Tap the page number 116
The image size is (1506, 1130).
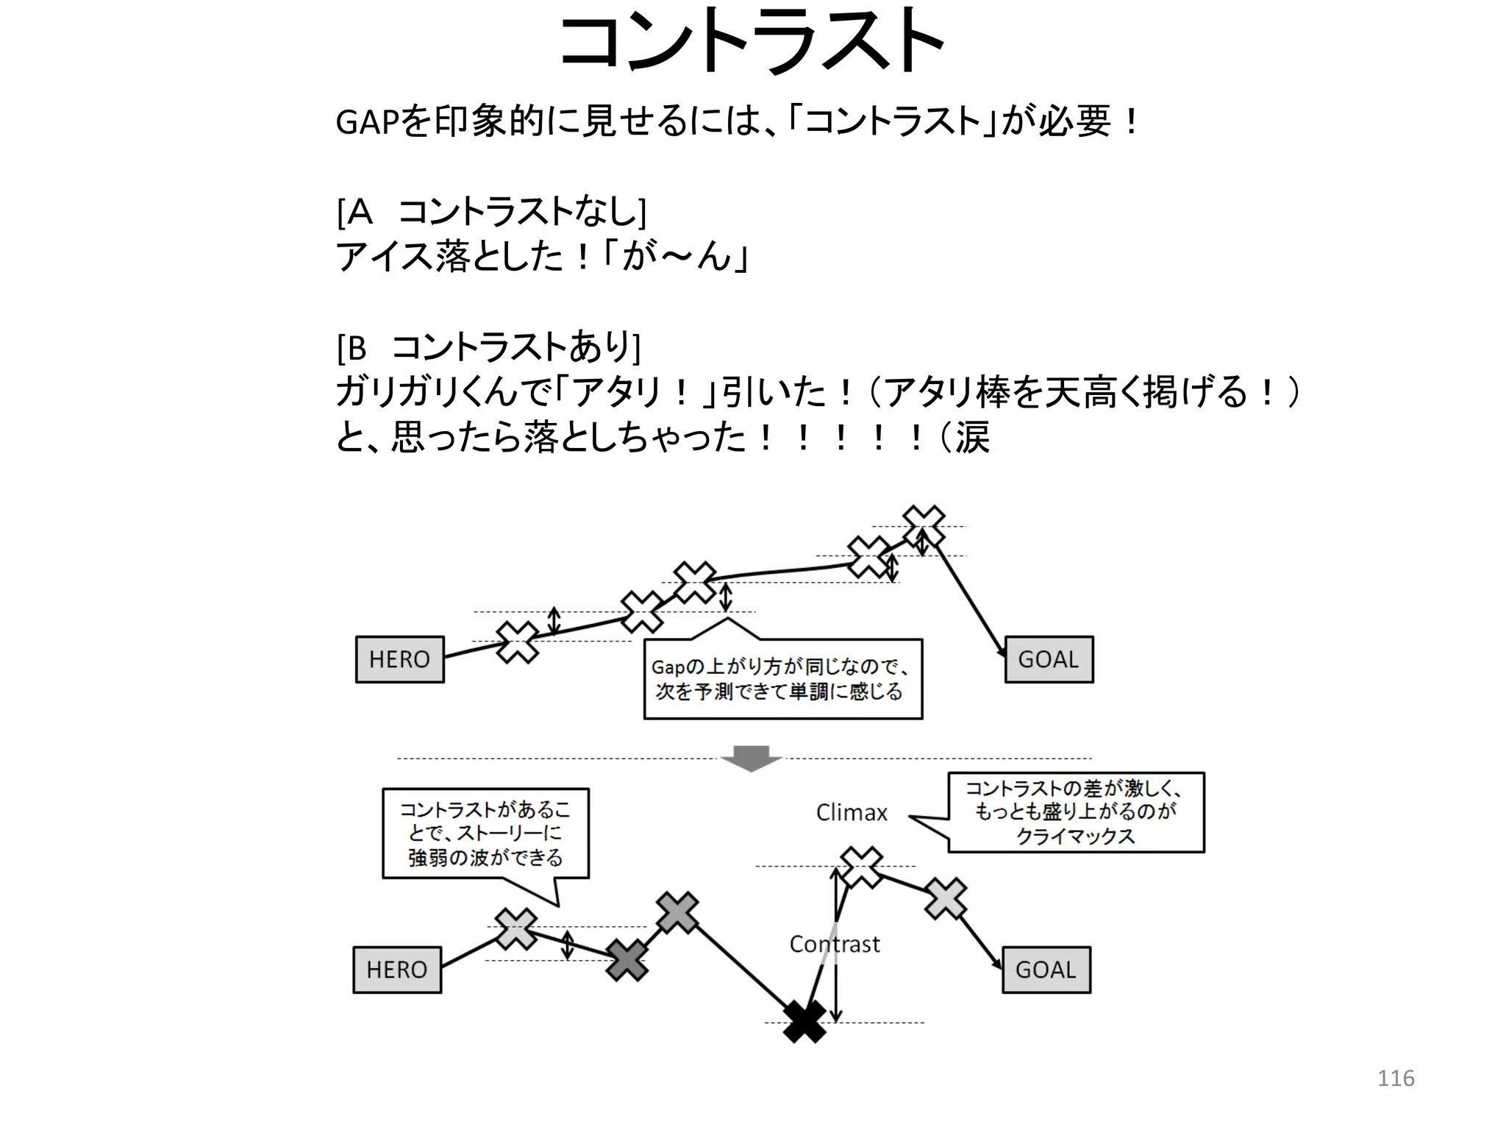pyautogui.click(x=1395, y=1079)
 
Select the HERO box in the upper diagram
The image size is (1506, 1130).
pyautogui.click(x=399, y=659)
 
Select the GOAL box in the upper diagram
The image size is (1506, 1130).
pyautogui.click(x=1049, y=659)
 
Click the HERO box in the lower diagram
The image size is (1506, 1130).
pyautogui.click(x=397, y=970)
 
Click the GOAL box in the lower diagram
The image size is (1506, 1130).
pyautogui.click(x=1046, y=970)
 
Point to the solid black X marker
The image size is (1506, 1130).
pyautogui.click(x=804, y=1021)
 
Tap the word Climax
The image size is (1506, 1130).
pyautogui.click(x=852, y=813)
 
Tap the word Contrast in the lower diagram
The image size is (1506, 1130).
pyautogui.click(x=834, y=944)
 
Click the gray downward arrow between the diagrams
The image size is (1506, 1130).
pyautogui.click(x=750, y=758)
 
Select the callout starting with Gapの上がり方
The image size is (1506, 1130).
pyautogui.click(x=782, y=679)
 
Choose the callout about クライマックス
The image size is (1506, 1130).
pyautogui.click(x=1076, y=812)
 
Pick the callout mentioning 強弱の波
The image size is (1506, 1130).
pyautogui.click(x=485, y=834)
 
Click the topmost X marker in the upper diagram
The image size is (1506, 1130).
pyautogui.click(x=924, y=526)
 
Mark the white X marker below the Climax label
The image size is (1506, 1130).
pyautogui.click(x=861, y=867)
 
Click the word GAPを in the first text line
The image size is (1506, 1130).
pyautogui.click(x=382, y=122)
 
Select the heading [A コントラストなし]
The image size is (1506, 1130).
pyautogui.click(x=491, y=212)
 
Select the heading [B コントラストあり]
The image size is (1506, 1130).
pyautogui.click(x=488, y=347)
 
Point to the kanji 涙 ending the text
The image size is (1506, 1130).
pyautogui.click(x=972, y=438)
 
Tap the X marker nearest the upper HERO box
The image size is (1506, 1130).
pyautogui.click(x=518, y=642)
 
